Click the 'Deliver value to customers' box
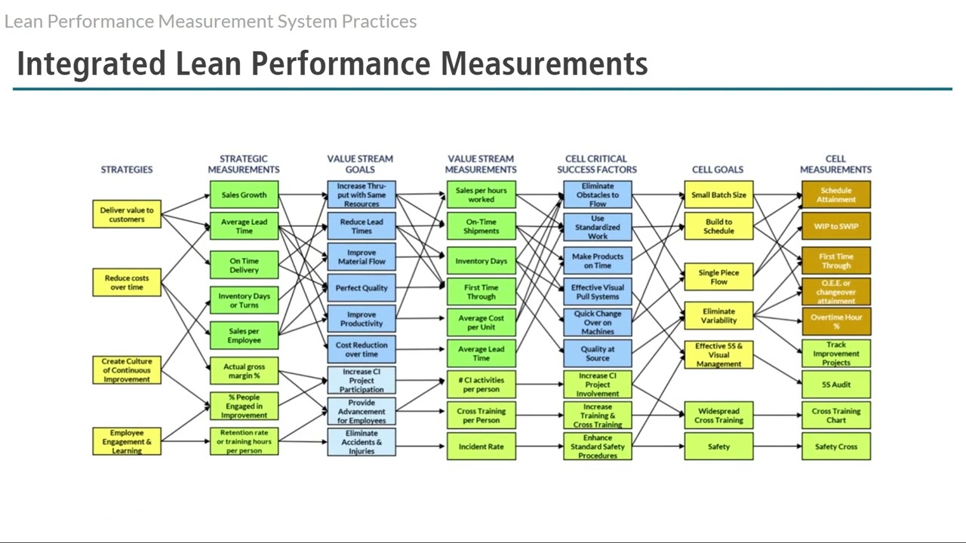(x=127, y=215)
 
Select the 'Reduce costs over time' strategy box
(x=127, y=283)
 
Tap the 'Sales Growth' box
(x=244, y=195)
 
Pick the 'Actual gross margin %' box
(x=244, y=371)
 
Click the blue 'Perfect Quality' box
(x=361, y=288)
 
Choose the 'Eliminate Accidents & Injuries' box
(x=361, y=442)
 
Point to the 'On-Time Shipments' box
(x=481, y=226)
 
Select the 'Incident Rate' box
(x=481, y=446)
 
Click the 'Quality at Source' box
(x=598, y=354)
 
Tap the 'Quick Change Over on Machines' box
(x=598, y=323)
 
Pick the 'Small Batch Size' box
(x=718, y=195)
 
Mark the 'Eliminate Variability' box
(x=718, y=315)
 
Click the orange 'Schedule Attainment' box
(x=836, y=195)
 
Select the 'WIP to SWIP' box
(x=836, y=226)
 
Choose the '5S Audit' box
(x=836, y=385)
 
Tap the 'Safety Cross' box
(x=836, y=446)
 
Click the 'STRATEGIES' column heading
(x=127, y=170)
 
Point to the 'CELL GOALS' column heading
(x=718, y=170)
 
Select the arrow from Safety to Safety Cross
(x=777, y=446)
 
